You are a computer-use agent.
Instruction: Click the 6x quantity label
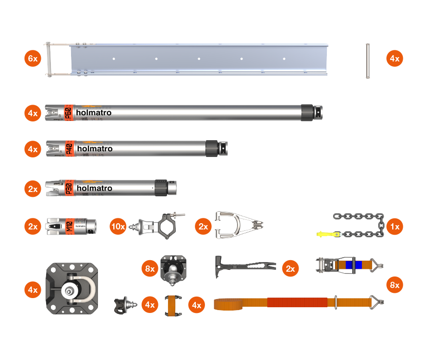(x=33, y=59)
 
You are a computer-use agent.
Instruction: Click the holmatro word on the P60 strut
(x=94, y=113)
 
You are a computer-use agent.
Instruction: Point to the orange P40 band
(x=69, y=148)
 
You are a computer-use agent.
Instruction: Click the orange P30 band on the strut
(x=68, y=188)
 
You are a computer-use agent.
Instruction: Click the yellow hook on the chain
(x=326, y=234)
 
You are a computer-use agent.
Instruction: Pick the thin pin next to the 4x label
(x=368, y=60)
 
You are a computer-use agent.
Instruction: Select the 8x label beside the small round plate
(x=150, y=269)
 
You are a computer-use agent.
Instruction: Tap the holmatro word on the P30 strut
(x=95, y=188)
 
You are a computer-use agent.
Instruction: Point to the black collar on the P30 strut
(x=160, y=187)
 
